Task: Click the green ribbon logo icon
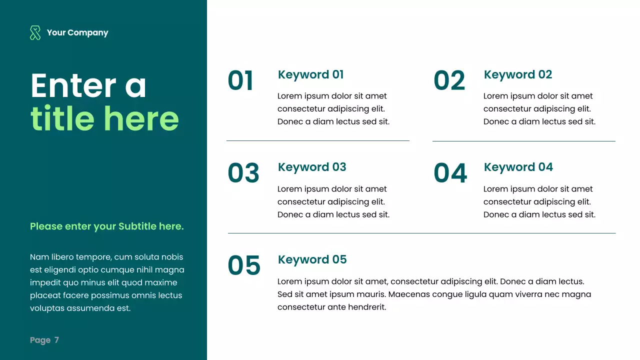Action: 35,33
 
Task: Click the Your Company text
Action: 77,33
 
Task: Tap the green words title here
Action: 104,118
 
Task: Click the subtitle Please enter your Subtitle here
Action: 107,226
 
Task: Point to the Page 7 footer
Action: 44,340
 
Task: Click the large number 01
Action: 240,81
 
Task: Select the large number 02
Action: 449,81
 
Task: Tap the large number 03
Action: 243,173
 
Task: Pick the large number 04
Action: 450,173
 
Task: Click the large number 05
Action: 244,265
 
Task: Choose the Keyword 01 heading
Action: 310,75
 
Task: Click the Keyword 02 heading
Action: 517,75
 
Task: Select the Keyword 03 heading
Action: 312,167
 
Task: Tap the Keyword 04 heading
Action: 518,167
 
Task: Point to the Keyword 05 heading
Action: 312,259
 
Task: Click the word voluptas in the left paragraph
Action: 47,308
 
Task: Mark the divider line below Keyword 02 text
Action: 523,141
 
